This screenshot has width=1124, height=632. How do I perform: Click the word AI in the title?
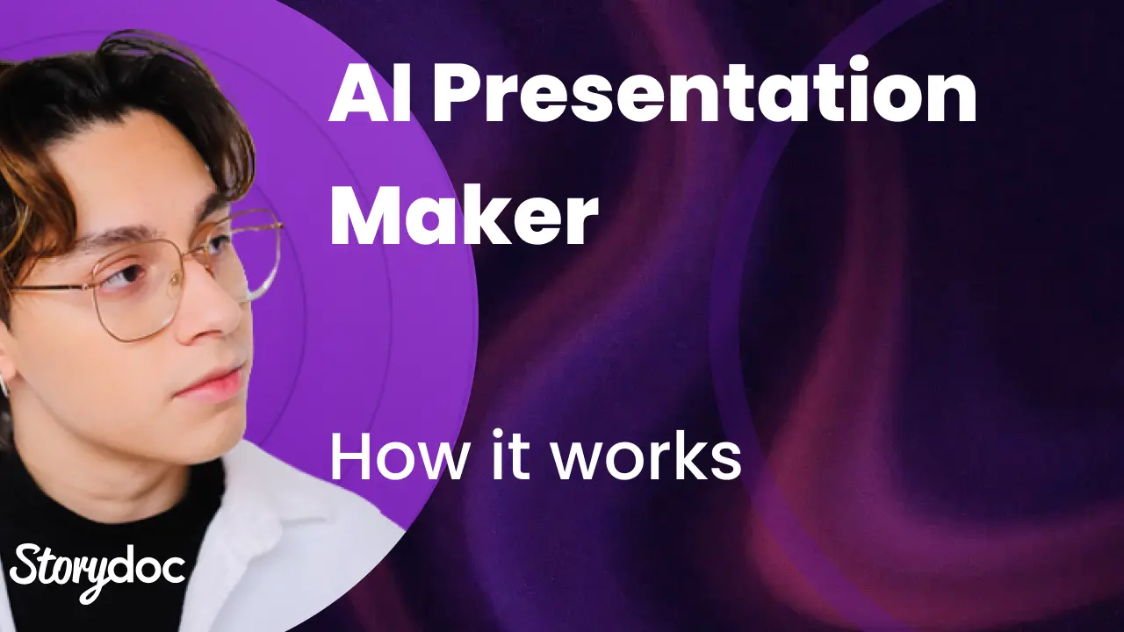pyautogui.click(x=371, y=94)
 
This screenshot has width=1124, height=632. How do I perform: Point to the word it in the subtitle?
pyautogui.click(x=510, y=454)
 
